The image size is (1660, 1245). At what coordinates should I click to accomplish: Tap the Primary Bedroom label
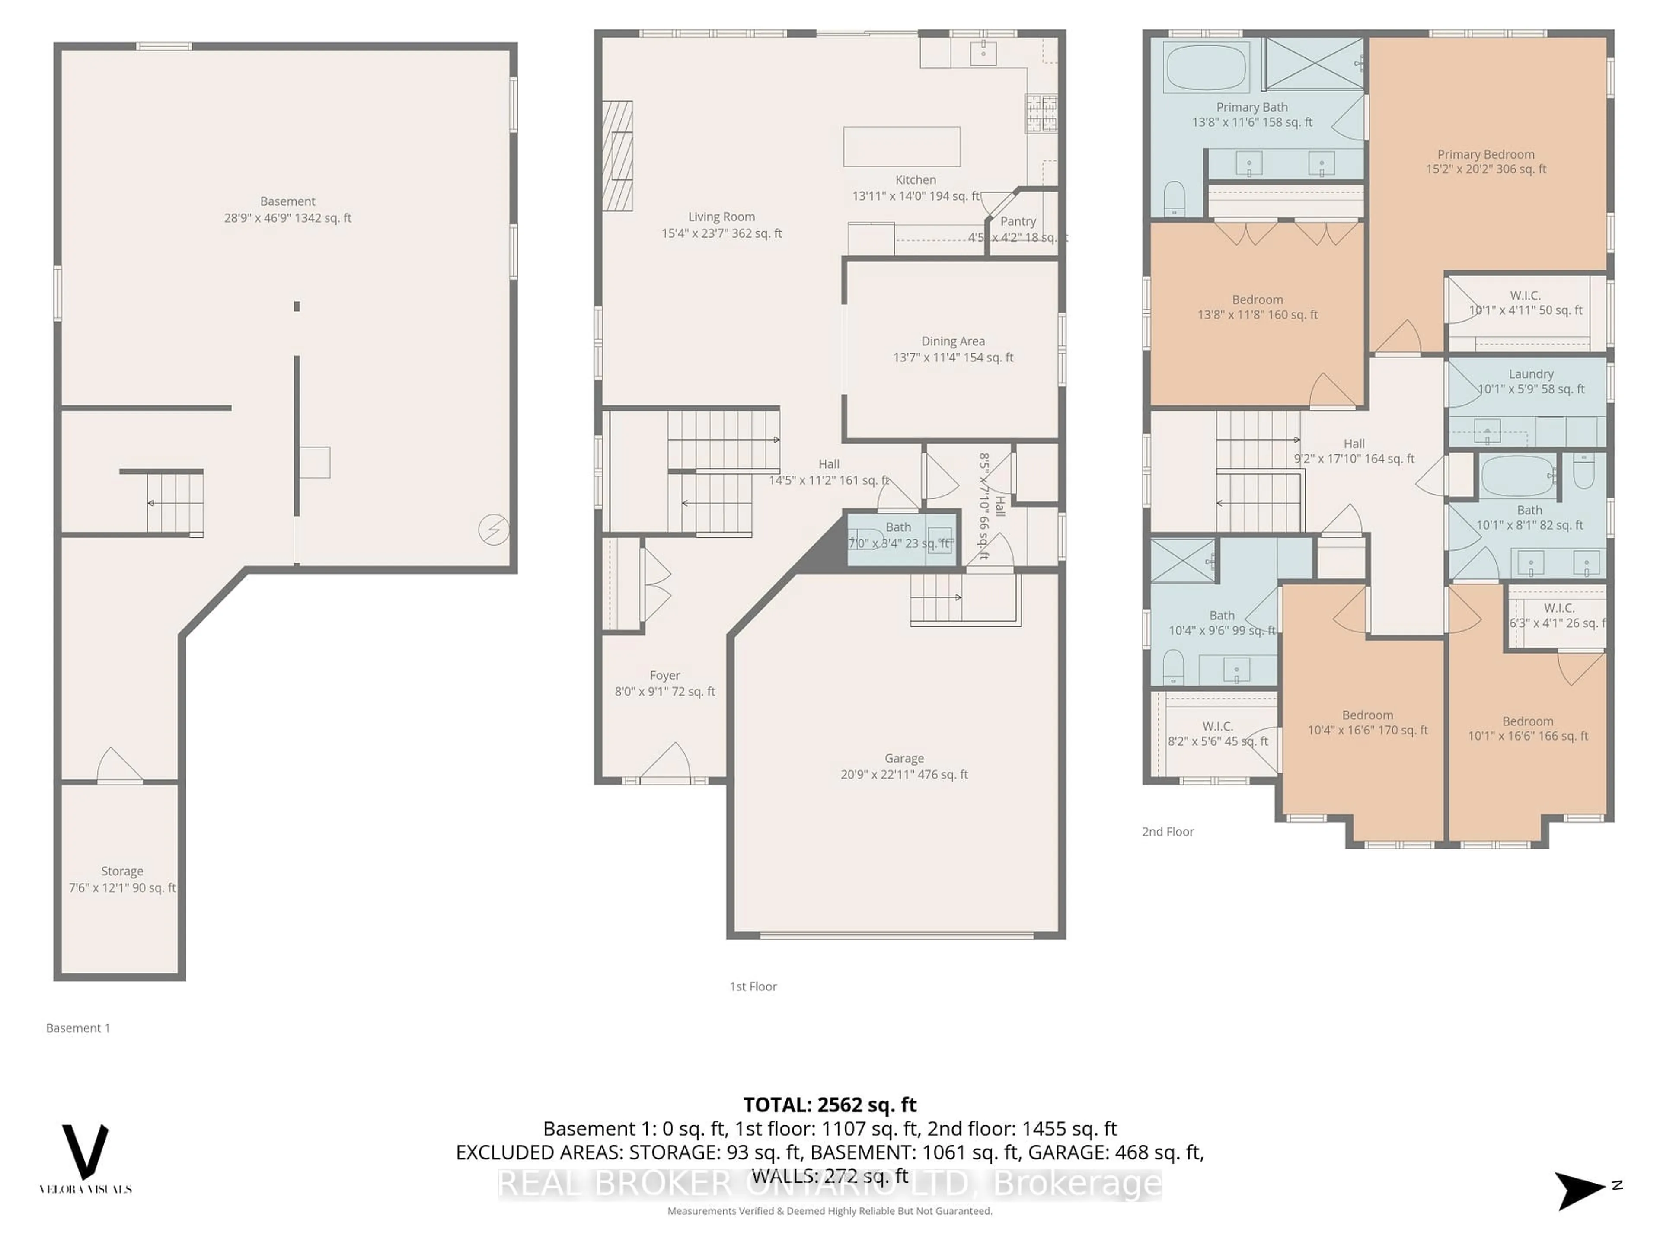coord(1485,161)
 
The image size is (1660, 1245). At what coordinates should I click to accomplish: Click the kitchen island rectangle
coord(901,147)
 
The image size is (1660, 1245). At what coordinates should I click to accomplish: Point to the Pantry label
coord(1018,221)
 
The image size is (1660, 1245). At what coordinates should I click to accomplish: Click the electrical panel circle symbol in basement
coord(493,530)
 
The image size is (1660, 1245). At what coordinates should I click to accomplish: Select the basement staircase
coord(175,503)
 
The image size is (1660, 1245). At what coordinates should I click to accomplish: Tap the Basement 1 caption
coord(78,1028)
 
